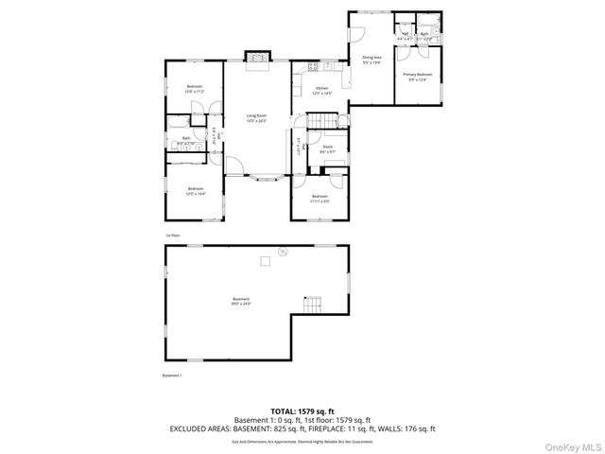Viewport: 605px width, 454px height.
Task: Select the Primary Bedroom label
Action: pos(417,77)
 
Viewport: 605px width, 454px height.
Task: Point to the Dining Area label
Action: pos(372,61)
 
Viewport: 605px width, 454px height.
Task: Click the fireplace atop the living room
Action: pos(256,58)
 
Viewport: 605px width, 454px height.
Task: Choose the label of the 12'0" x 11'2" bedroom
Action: pos(194,89)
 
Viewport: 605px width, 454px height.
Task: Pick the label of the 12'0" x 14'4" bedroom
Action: pos(196,191)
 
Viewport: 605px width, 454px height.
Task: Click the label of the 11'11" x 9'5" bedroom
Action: pos(320,198)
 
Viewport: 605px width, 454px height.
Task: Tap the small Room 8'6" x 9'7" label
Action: pos(327,149)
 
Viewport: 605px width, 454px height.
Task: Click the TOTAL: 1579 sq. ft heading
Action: pos(302,411)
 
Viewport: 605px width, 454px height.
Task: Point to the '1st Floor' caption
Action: pos(172,235)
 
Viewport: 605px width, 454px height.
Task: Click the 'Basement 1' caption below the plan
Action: pos(171,375)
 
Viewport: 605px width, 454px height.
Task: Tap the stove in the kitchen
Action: pos(312,66)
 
